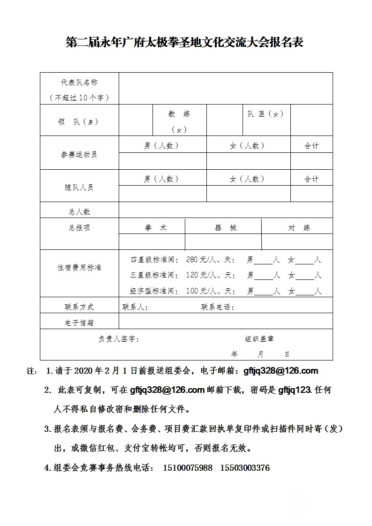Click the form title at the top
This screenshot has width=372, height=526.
pos(185,43)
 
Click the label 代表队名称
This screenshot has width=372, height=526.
pos(79,82)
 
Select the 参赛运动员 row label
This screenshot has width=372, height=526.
pos(79,154)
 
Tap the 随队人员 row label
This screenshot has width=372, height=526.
pos(79,187)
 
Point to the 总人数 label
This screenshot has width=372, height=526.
pos(79,211)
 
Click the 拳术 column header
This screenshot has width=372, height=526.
pos(156,228)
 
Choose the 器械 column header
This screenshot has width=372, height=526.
pos(226,228)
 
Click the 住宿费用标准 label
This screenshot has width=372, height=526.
pos(79,268)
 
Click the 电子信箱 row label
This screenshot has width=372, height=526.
pos(79,323)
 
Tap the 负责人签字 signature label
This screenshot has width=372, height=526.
pos(118,339)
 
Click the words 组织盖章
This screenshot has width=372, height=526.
pos(259,339)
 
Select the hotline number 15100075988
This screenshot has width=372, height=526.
pos(188,468)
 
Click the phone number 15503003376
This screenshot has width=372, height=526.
pos(245,468)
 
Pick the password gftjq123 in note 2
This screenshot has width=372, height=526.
pos(295,390)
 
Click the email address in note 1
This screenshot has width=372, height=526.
pos(281,371)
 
